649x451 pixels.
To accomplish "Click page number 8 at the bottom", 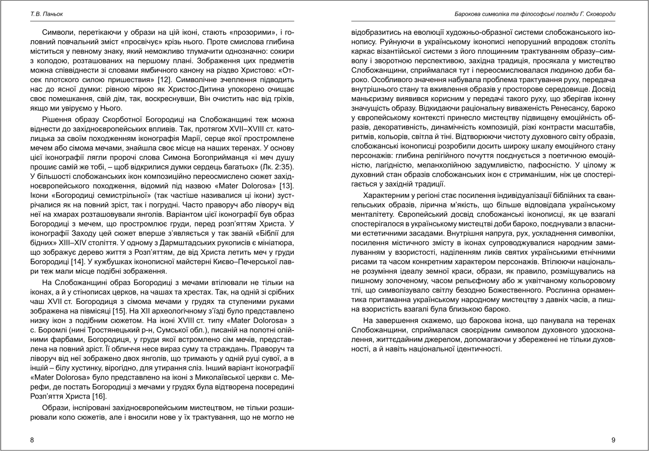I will click(x=32, y=440).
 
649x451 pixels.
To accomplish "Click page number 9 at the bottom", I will click(x=613, y=440).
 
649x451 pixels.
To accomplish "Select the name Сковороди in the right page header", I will click(x=598, y=16).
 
